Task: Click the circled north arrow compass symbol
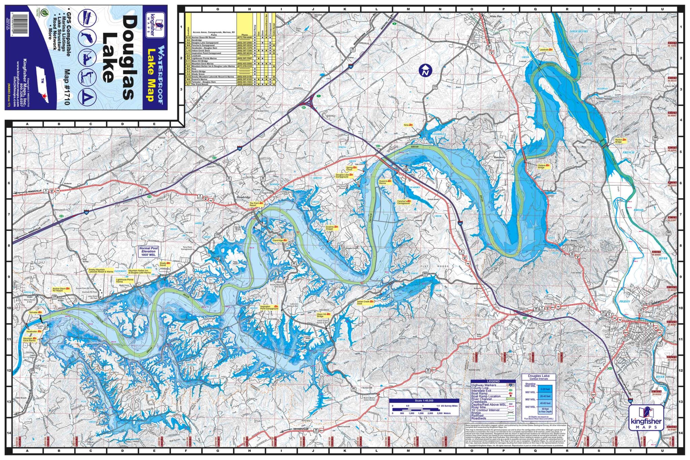point(426,71)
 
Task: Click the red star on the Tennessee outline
point(44,97)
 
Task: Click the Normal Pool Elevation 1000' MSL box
point(149,251)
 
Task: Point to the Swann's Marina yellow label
point(385,182)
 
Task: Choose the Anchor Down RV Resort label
point(60,289)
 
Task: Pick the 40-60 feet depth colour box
point(545,403)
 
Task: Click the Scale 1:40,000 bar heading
point(424,401)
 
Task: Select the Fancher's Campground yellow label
point(404,203)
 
